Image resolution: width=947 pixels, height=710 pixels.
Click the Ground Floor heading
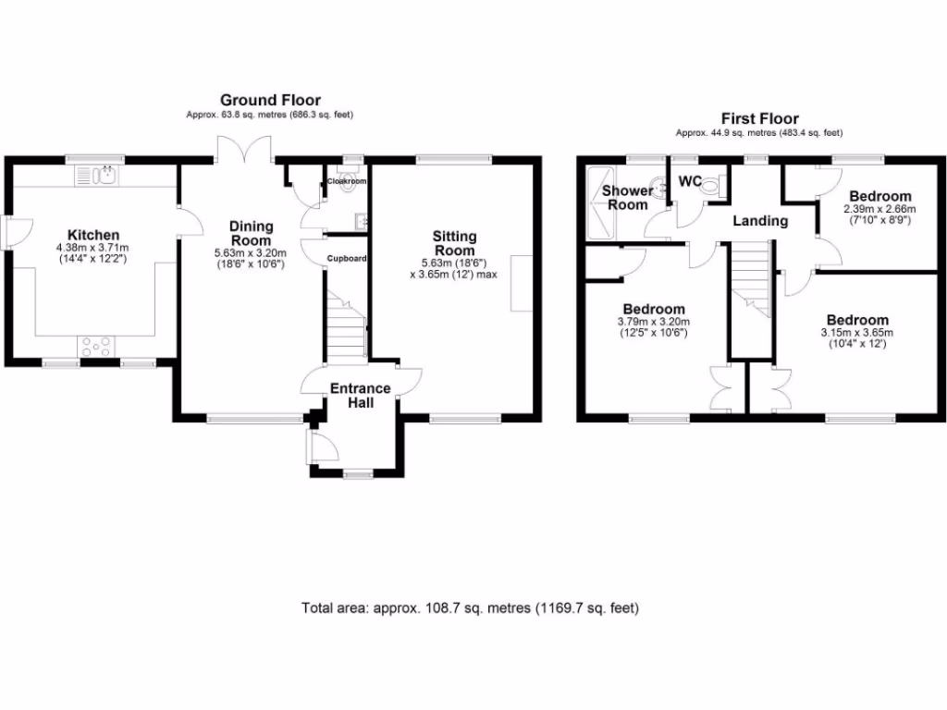tap(269, 100)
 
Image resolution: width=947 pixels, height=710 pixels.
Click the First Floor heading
tap(760, 118)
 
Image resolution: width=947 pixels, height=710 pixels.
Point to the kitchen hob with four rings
tap(96, 346)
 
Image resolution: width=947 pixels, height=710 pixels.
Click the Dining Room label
tap(252, 233)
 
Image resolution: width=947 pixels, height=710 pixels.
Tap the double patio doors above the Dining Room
tap(244, 148)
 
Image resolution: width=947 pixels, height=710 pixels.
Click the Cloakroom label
tap(347, 181)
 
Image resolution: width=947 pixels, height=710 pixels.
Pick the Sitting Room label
tap(454, 244)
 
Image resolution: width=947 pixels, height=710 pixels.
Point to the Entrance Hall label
tap(361, 395)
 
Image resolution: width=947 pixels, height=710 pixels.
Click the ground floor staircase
tap(346, 328)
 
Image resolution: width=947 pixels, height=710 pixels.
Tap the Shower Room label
tap(627, 197)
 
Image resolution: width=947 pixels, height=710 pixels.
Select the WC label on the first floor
tap(690, 181)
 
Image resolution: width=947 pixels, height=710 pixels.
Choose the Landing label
tap(760, 221)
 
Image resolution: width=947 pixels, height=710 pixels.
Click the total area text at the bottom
tap(470, 607)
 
